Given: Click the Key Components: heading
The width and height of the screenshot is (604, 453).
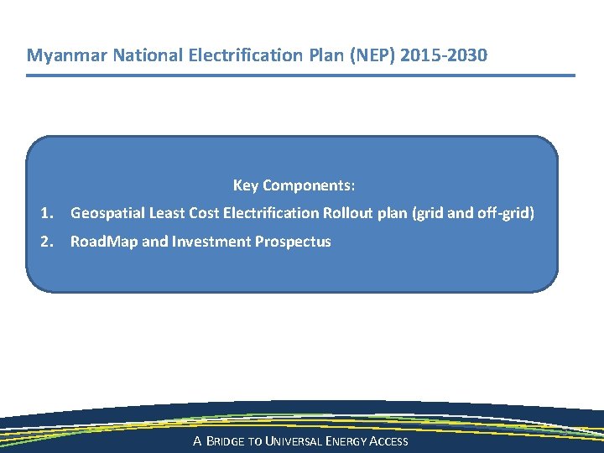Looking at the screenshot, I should [294, 185].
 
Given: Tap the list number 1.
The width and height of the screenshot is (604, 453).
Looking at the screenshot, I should [46, 213].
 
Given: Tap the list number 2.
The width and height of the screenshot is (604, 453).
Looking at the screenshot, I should [46, 242].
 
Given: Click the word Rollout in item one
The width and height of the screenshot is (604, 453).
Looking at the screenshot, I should [348, 213].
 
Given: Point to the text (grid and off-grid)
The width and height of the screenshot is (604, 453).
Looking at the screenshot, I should [471, 213].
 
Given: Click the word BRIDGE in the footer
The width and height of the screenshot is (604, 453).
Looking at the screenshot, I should [228, 441].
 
